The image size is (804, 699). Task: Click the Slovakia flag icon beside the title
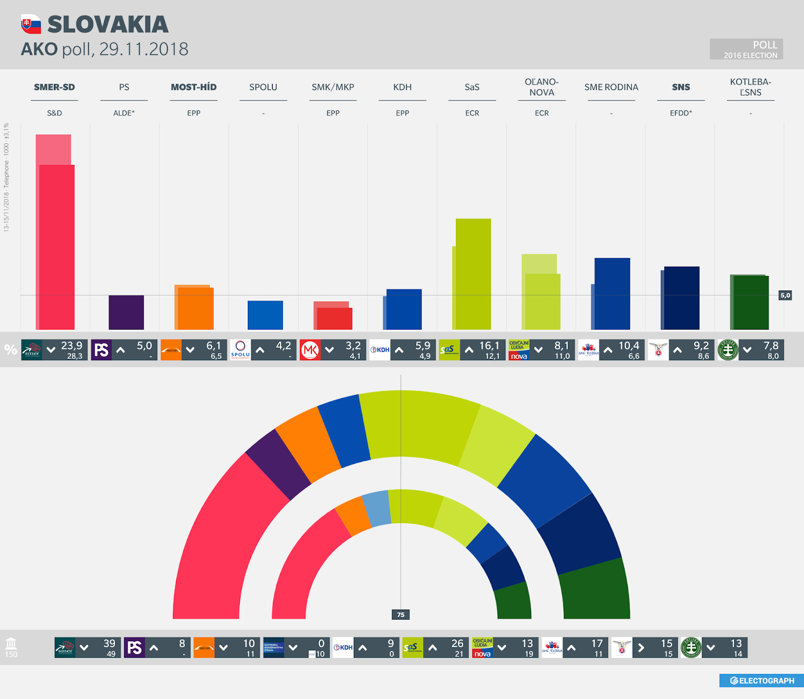tap(31, 24)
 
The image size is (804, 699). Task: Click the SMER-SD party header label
tap(54, 87)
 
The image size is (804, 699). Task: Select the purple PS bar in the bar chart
tap(126, 312)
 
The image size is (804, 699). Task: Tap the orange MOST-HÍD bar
tap(195, 308)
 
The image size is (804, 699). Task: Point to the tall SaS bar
tap(473, 274)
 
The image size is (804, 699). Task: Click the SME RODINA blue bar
tap(612, 293)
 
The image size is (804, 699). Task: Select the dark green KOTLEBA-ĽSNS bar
tap(750, 302)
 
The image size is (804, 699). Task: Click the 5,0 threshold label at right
tap(785, 295)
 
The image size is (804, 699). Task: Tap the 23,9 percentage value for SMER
tap(71, 346)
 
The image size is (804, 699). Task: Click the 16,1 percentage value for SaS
tap(489, 346)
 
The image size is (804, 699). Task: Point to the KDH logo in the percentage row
tap(380, 350)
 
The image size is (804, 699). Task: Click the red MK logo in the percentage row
tap(310, 350)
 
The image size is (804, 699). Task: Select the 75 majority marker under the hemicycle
tap(400, 615)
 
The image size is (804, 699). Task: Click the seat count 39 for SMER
tap(109, 643)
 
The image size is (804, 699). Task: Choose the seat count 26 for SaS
tap(457, 643)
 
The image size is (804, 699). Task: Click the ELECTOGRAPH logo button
tap(762, 680)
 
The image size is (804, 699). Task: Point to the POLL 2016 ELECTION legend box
tap(746, 49)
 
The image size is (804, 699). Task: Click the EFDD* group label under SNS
tap(681, 113)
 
